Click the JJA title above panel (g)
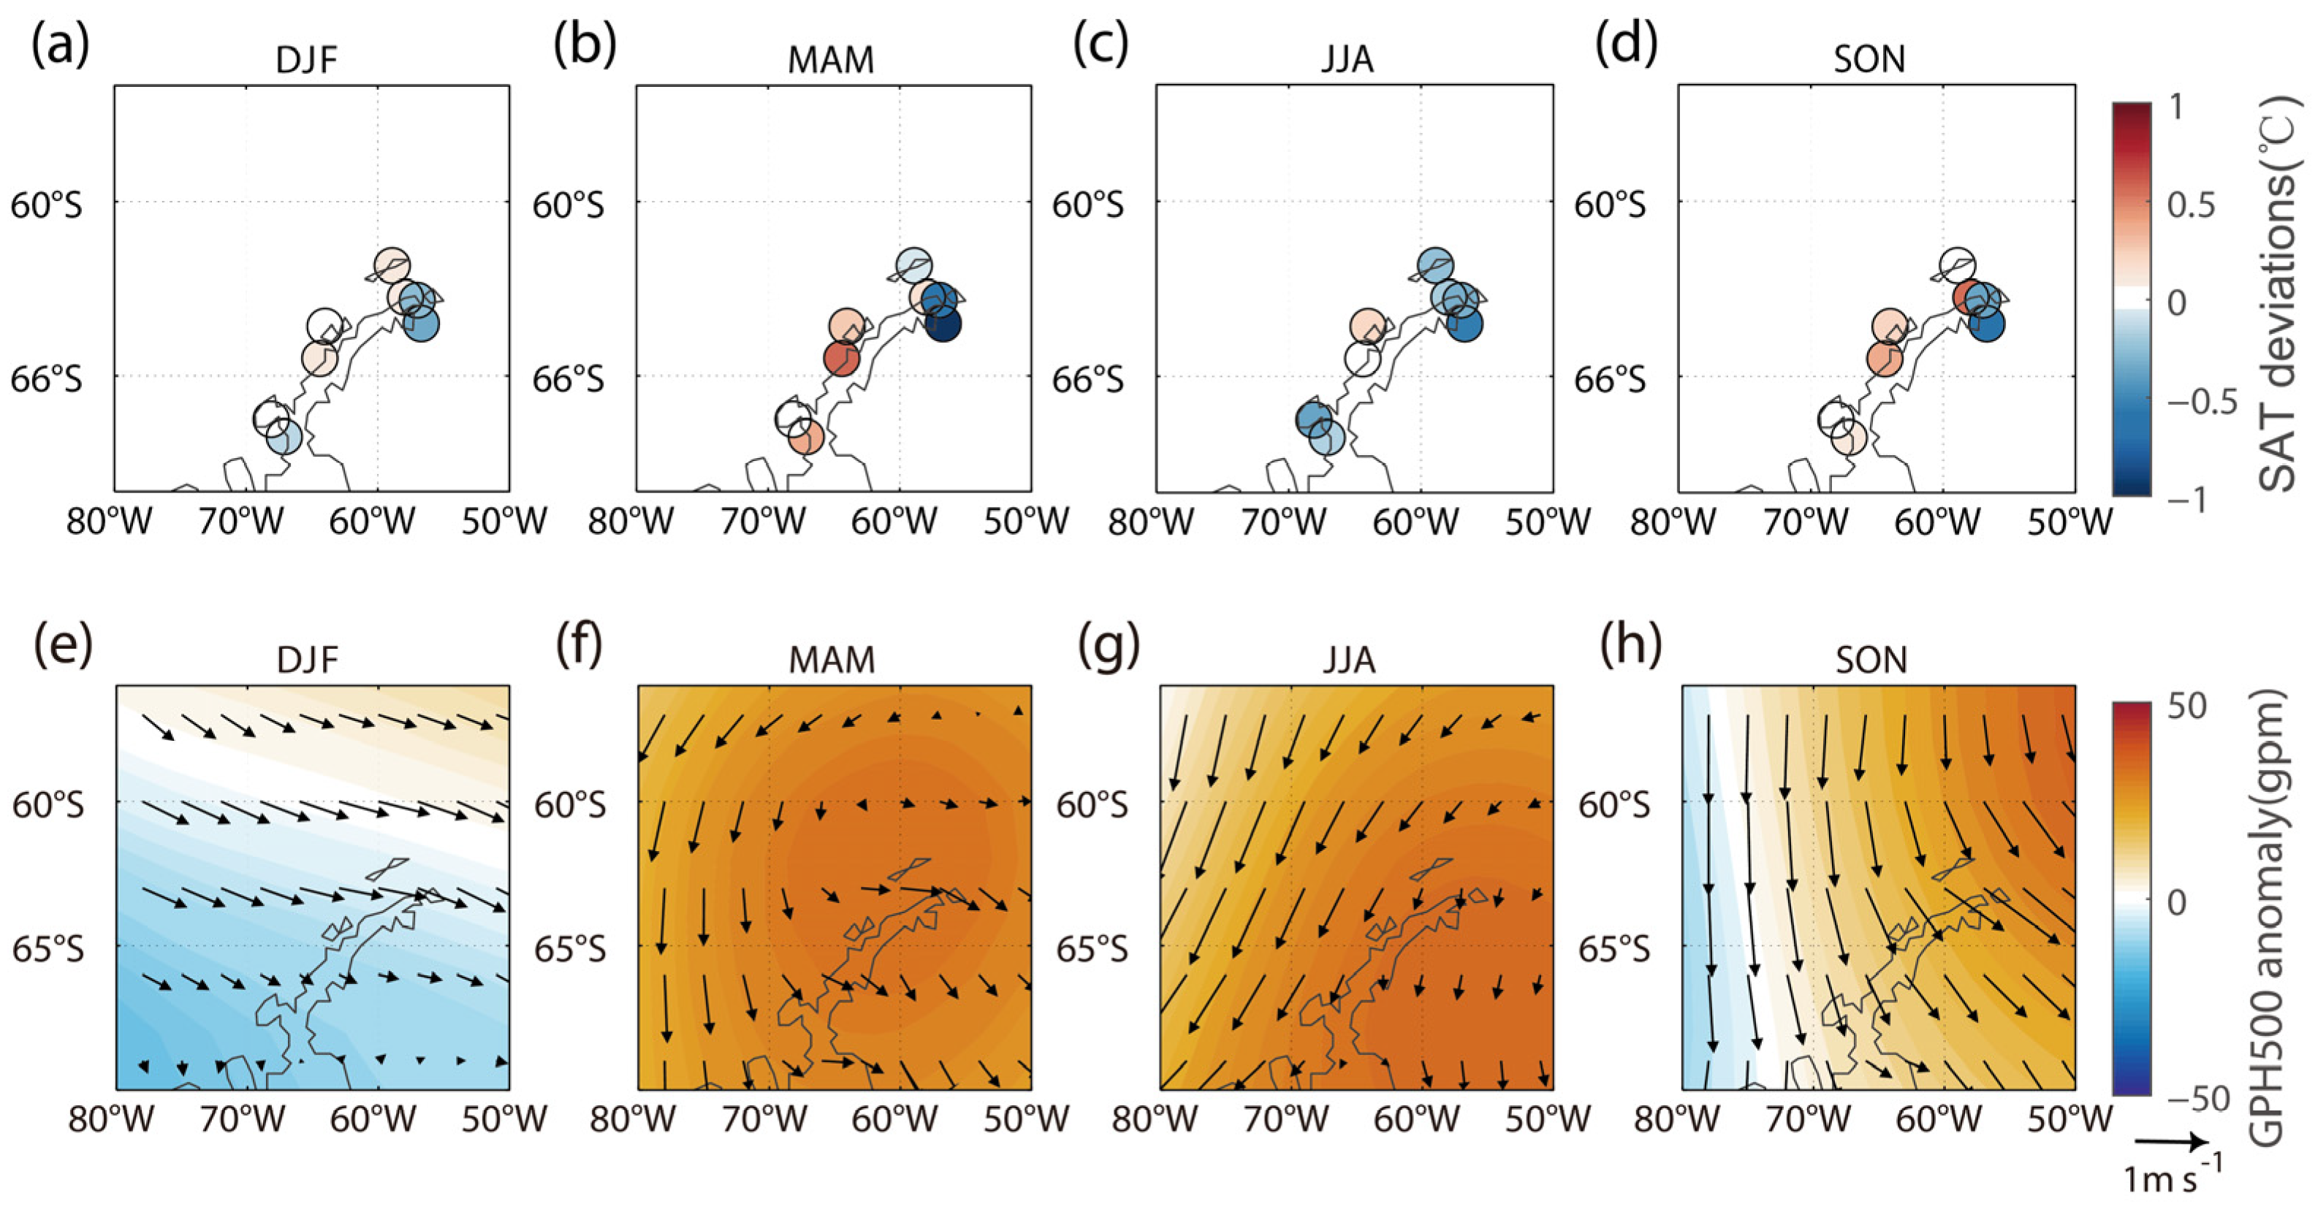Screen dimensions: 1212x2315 pos(1348,660)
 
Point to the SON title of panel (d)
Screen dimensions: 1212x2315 pos(1869,60)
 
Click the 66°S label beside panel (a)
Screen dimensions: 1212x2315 pos(46,379)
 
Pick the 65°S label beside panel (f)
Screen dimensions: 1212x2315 pos(570,949)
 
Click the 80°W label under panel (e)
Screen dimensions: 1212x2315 pos(110,1119)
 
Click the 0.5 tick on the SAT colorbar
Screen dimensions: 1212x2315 pos(2191,205)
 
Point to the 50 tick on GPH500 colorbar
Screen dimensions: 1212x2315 pos(2186,706)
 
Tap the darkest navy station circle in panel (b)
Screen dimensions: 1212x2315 pos(943,324)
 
